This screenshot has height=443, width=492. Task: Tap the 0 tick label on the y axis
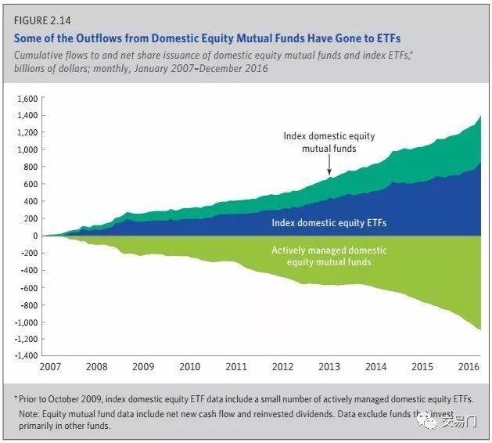tap(34, 236)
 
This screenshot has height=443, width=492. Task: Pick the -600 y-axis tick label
tap(27, 287)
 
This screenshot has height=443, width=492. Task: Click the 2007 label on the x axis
tap(51, 366)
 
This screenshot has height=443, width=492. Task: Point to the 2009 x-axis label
tap(142, 366)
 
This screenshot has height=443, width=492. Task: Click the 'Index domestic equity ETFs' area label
tap(329, 223)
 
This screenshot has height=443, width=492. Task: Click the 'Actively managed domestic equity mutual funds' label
tap(329, 256)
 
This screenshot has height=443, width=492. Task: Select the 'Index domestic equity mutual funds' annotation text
tap(329, 142)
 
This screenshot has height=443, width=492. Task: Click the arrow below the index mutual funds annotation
tap(329, 164)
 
